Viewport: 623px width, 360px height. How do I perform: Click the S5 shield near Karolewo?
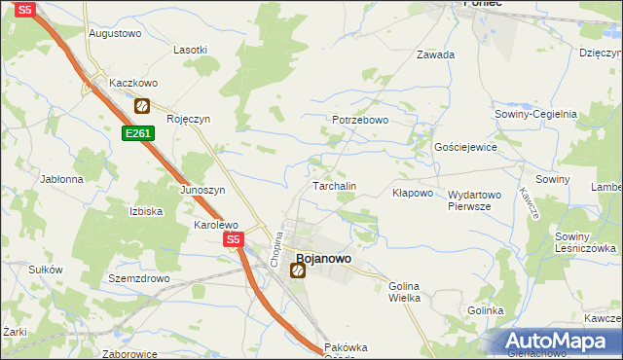point(232,238)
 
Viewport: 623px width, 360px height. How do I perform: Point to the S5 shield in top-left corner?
point(26,9)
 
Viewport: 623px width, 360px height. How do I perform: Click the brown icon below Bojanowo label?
point(298,271)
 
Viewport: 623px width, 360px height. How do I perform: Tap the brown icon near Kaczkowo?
point(142,105)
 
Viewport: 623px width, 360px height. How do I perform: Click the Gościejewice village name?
point(466,147)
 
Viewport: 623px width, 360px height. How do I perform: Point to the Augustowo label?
point(115,33)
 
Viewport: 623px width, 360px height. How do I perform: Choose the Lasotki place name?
point(190,50)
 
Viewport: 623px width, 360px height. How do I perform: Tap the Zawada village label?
point(436,54)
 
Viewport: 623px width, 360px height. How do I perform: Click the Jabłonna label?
point(62,179)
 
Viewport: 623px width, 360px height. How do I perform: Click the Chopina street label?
point(276,249)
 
